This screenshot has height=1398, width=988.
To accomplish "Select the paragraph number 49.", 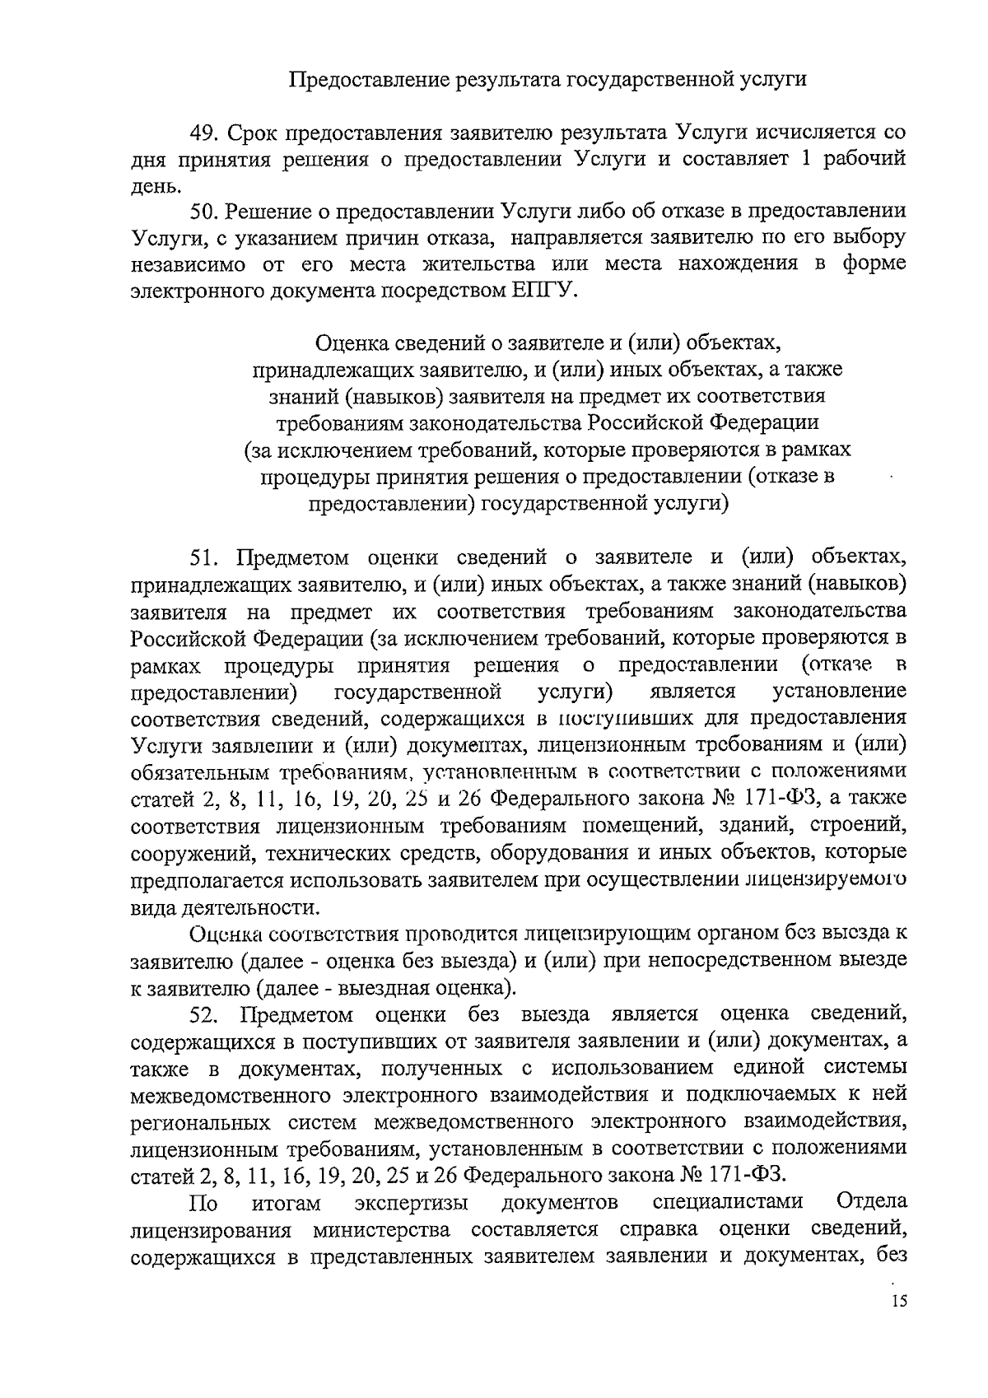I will tap(203, 132).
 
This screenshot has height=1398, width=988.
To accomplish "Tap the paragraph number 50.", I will tap(203, 211).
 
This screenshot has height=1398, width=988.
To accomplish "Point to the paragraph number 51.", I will tap(203, 557).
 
